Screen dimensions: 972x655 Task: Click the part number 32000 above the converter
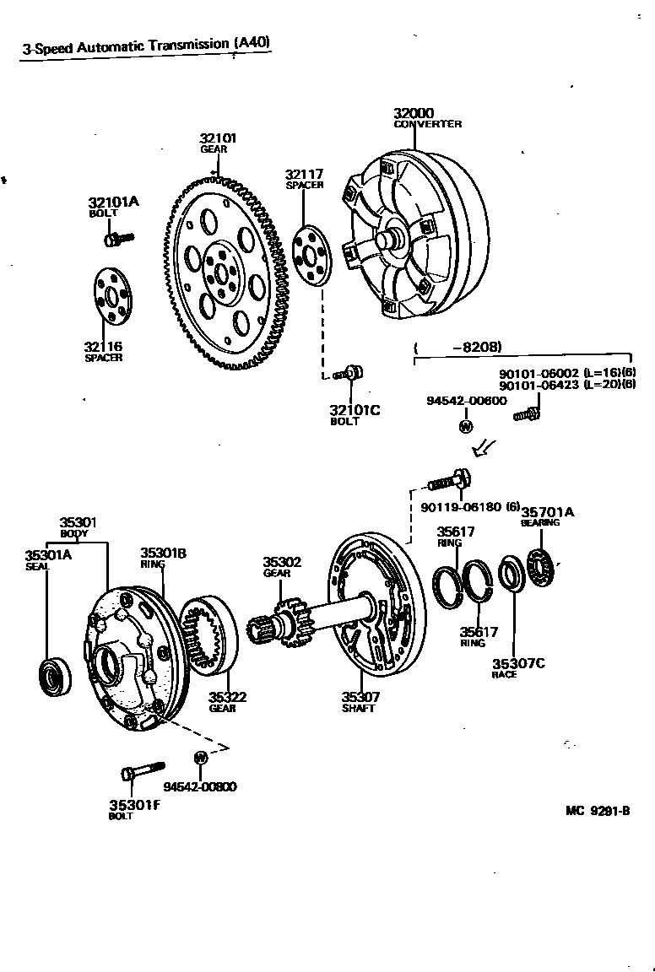pyautogui.click(x=414, y=114)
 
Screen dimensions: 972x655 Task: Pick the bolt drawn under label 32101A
pyautogui.click(x=117, y=239)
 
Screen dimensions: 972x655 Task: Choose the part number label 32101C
pyautogui.click(x=355, y=410)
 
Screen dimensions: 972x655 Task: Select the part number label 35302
pyautogui.click(x=281, y=562)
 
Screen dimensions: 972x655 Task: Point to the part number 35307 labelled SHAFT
pyautogui.click(x=360, y=697)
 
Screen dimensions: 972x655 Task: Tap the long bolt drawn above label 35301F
pyautogui.click(x=143, y=772)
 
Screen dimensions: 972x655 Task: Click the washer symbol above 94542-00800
pyautogui.click(x=201, y=756)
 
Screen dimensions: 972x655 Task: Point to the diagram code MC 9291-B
pyautogui.click(x=598, y=812)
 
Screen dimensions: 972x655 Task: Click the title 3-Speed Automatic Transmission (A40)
pyautogui.click(x=147, y=46)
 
